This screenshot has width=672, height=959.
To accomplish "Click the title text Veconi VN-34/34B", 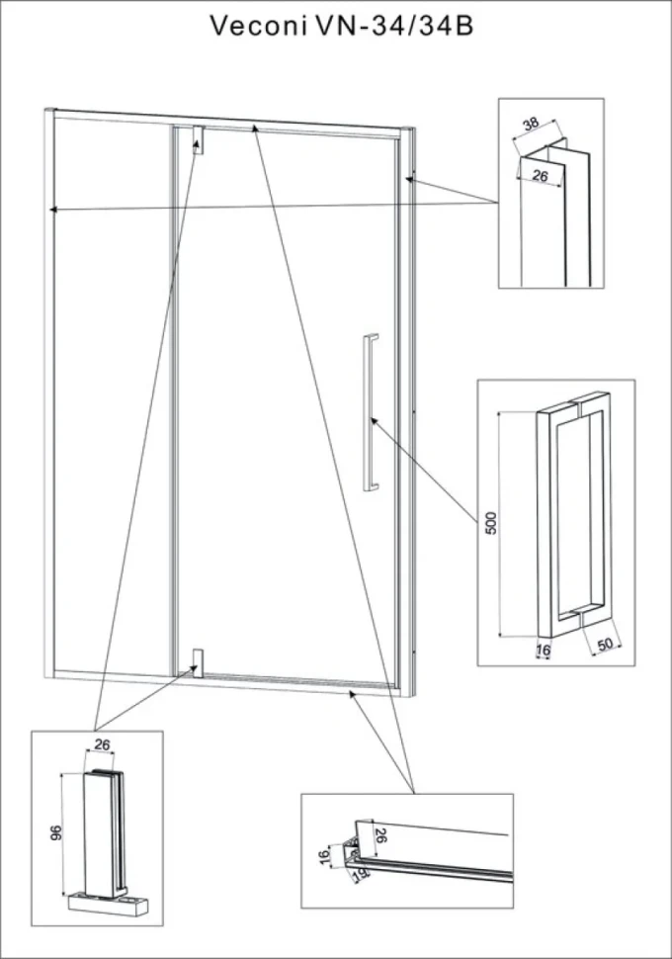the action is point(342,27).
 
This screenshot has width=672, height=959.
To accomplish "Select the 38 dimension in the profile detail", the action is point(531,124).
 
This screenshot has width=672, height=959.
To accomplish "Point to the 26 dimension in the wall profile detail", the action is point(540,176).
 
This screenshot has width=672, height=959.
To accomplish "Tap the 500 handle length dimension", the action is point(491,522).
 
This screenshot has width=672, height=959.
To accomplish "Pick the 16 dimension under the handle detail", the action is point(543,651).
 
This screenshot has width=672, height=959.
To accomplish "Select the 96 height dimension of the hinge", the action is point(55,832).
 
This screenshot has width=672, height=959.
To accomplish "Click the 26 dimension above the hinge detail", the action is point(102,744).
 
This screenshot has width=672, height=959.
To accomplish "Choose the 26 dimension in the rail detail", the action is point(379,835).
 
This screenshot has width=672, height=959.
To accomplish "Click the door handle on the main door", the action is point(370,412).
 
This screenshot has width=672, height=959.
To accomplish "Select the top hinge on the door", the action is point(198,140).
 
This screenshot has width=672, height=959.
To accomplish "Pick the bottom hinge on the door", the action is point(198,662).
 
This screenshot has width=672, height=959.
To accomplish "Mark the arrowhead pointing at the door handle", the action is point(374,421).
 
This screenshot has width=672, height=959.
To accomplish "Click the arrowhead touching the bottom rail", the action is point(352,694).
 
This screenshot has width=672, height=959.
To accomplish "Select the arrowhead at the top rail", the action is point(256,128).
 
